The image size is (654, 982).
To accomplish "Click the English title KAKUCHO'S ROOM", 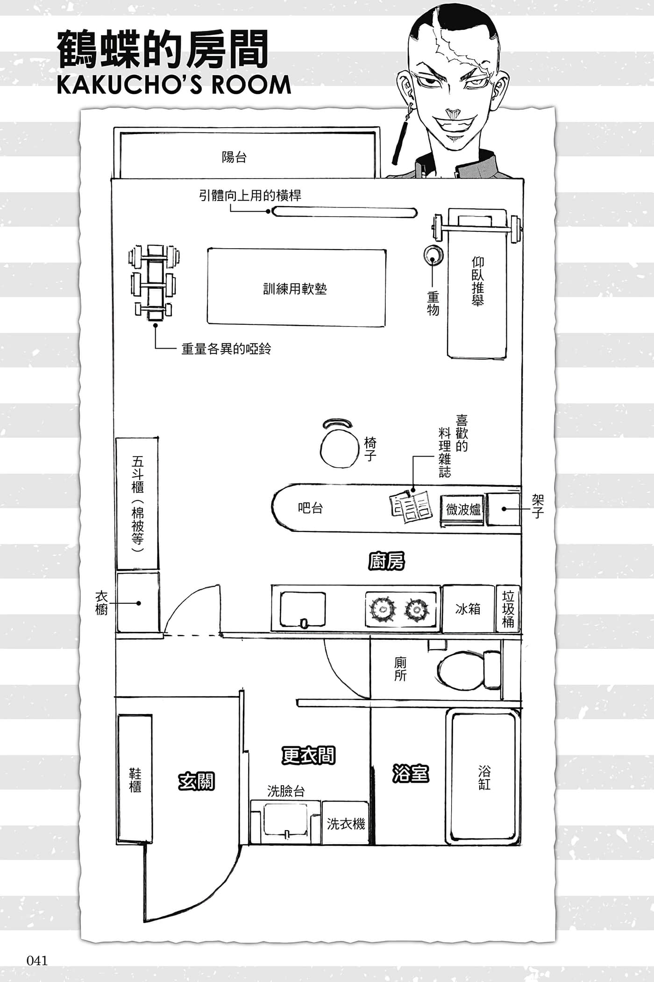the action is (x=174, y=85).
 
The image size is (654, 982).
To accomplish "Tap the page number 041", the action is (x=37, y=960).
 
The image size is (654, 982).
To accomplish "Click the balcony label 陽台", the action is (x=234, y=157).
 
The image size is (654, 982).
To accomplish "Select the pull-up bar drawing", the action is (x=345, y=212).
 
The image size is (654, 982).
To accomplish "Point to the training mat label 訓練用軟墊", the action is (x=295, y=288).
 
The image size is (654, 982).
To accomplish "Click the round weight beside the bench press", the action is (x=432, y=255).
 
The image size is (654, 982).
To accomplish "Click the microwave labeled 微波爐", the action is (x=463, y=509).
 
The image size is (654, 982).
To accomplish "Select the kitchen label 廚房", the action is (x=386, y=561).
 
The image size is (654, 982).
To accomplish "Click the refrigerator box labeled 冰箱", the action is (x=468, y=609).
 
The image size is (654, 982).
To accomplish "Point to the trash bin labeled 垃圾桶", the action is (x=508, y=609).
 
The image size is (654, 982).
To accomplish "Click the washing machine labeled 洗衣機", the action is (x=346, y=823).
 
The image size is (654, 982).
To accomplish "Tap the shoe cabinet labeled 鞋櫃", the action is (x=135, y=779).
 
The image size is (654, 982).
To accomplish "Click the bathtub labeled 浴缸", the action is (x=483, y=778).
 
